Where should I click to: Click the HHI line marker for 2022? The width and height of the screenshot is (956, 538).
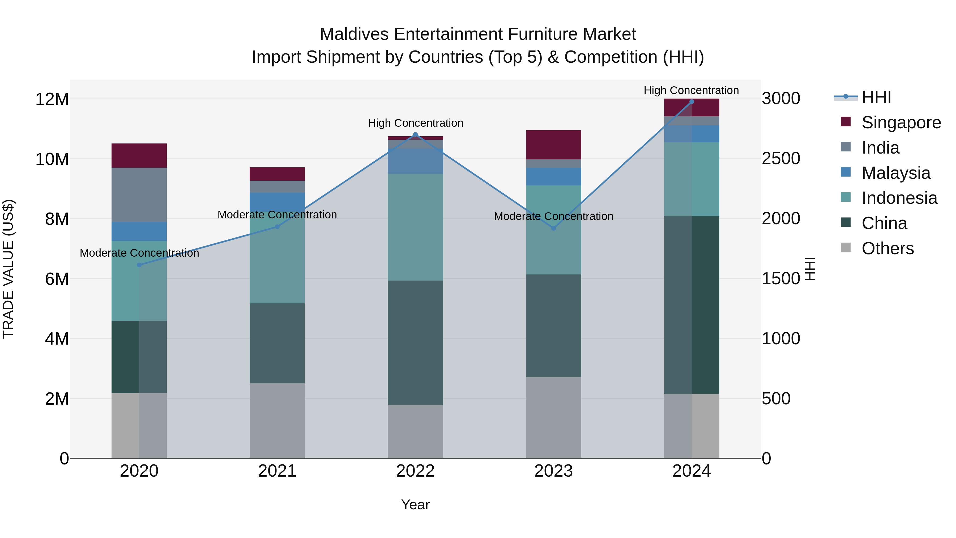(x=415, y=135)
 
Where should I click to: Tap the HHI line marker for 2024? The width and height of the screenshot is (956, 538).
(x=692, y=102)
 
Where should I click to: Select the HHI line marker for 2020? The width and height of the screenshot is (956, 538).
(x=139, y=265)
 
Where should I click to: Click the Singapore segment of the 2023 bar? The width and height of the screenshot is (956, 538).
(x=553, y=145)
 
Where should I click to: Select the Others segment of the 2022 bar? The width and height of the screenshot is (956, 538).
(x=415, y=431)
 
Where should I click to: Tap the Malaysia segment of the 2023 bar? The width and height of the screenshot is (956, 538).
(x=553, y=177)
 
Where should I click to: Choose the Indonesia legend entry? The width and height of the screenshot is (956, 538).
(x=899, y=198)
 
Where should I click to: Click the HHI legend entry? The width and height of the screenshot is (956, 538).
(x=876, y=97)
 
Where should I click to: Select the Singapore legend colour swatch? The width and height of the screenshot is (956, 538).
(x=846, y=122)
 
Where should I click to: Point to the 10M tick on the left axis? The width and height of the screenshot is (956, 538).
(x=52, y=159)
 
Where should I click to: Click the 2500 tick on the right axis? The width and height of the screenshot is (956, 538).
(x=781, y=159)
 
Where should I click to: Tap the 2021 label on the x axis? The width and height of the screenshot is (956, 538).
(x=277, y=471)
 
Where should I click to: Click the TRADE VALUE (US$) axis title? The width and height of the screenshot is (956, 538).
(x=8, y=269)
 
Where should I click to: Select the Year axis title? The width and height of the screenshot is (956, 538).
(x=415, y=505)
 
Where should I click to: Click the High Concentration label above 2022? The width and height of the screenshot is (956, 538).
(x=415, y=123)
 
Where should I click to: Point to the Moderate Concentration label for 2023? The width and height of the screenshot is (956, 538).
(x=553, y=216)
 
